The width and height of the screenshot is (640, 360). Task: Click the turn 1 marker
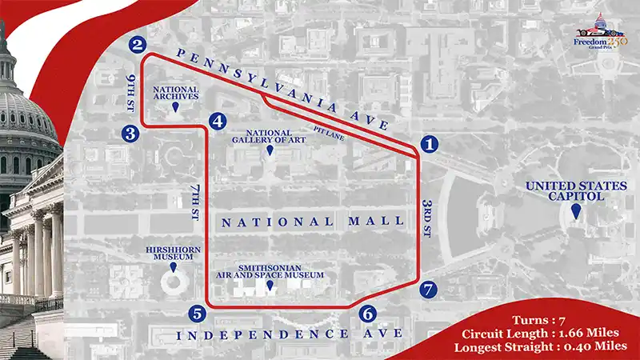[x=430, y=145]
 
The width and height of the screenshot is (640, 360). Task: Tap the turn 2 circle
[x=140, y=46]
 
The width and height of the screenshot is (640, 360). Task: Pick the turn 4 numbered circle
[x=217, y=122]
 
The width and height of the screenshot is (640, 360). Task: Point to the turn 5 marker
[x=197, y=313]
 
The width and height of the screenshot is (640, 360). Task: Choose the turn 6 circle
[x=367, y=314]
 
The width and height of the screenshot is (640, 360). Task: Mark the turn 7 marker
[x=429, y=290]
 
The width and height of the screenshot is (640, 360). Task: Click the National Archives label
[x=175, y=94]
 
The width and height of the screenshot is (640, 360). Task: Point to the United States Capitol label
[x=575, y=191]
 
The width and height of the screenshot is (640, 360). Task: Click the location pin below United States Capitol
[x=576, y=212]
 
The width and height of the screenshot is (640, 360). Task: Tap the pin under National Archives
[x=175, y=115]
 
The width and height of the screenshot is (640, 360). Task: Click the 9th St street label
[x=130, y=93]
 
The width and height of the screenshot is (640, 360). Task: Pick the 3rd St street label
[x=427, y=217]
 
